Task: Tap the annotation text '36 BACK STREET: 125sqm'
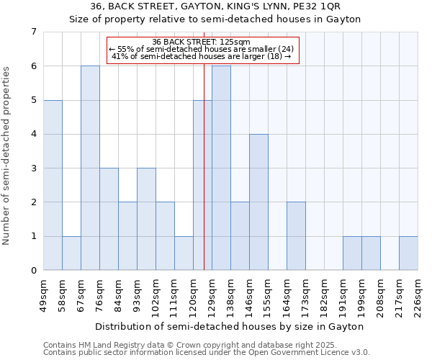click(202, 42)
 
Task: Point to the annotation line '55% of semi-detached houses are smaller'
click(202, 49)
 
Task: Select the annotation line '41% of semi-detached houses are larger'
click(202, 56)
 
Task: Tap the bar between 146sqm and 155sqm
click(258, 202)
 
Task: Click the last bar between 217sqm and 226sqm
click(408, 253)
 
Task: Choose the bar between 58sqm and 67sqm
click(71, 253)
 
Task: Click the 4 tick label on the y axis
click(33, 135)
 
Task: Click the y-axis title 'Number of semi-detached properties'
click(7, 155)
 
